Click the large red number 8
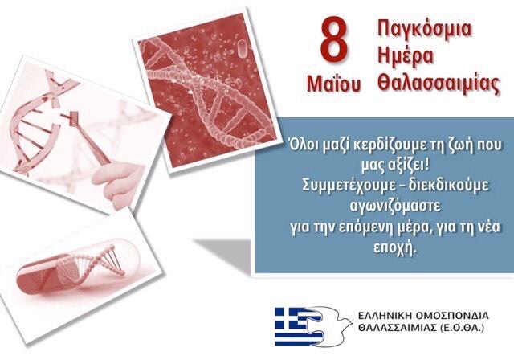coord(334,42)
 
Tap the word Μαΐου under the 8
coord(334,84)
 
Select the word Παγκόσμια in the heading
coord(425,29)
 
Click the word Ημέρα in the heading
coord(405,56)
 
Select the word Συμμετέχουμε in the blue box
coord(349,186)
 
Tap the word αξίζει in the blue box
coord(408,166)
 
